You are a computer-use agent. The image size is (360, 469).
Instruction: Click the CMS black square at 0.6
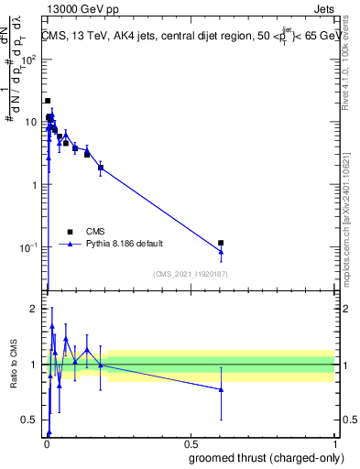221,243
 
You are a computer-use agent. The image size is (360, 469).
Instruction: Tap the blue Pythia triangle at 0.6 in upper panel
221,252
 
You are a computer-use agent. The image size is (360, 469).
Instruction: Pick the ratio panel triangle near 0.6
221,389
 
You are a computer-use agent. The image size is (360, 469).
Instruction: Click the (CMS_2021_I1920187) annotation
190,273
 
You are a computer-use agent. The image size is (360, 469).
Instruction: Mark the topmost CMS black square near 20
48,101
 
